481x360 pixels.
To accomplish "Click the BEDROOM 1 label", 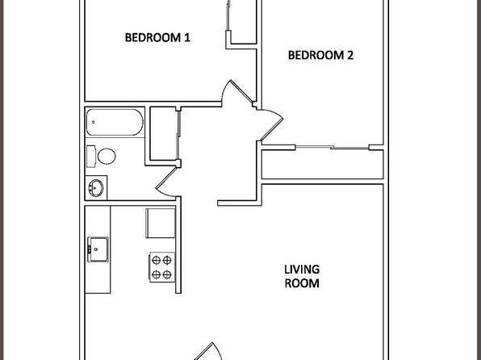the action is (x=157, y=37).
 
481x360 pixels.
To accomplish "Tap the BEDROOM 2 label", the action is (x=320, y=55).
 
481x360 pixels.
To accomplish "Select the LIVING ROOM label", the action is (x=302, y=276).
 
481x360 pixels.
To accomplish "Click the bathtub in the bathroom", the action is (x=115, y=122).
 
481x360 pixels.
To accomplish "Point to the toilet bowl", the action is (x=107, y=157).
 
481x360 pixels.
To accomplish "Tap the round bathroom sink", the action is (x=96, y=187).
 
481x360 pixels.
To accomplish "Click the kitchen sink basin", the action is (x=98, y=249).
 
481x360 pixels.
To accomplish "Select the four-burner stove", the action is (x=162, y=267).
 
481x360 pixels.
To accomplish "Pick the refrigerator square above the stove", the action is (x=161, y=223).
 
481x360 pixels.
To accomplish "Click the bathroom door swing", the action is (x=165, y=182).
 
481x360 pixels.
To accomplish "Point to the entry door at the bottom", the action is (x=207, y=352).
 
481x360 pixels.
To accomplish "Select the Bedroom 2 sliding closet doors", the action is (x=333, y=148).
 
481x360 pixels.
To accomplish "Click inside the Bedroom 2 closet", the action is (x=322, y=164).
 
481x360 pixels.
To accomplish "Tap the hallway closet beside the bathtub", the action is (x=164, y=133).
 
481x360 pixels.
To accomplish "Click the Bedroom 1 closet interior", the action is (x=243, y=22).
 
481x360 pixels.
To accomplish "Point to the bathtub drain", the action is (x=94, y=122).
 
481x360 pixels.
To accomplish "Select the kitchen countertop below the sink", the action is (x=98, y=278).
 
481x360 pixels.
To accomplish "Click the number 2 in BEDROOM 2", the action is (x=350, y=55).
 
